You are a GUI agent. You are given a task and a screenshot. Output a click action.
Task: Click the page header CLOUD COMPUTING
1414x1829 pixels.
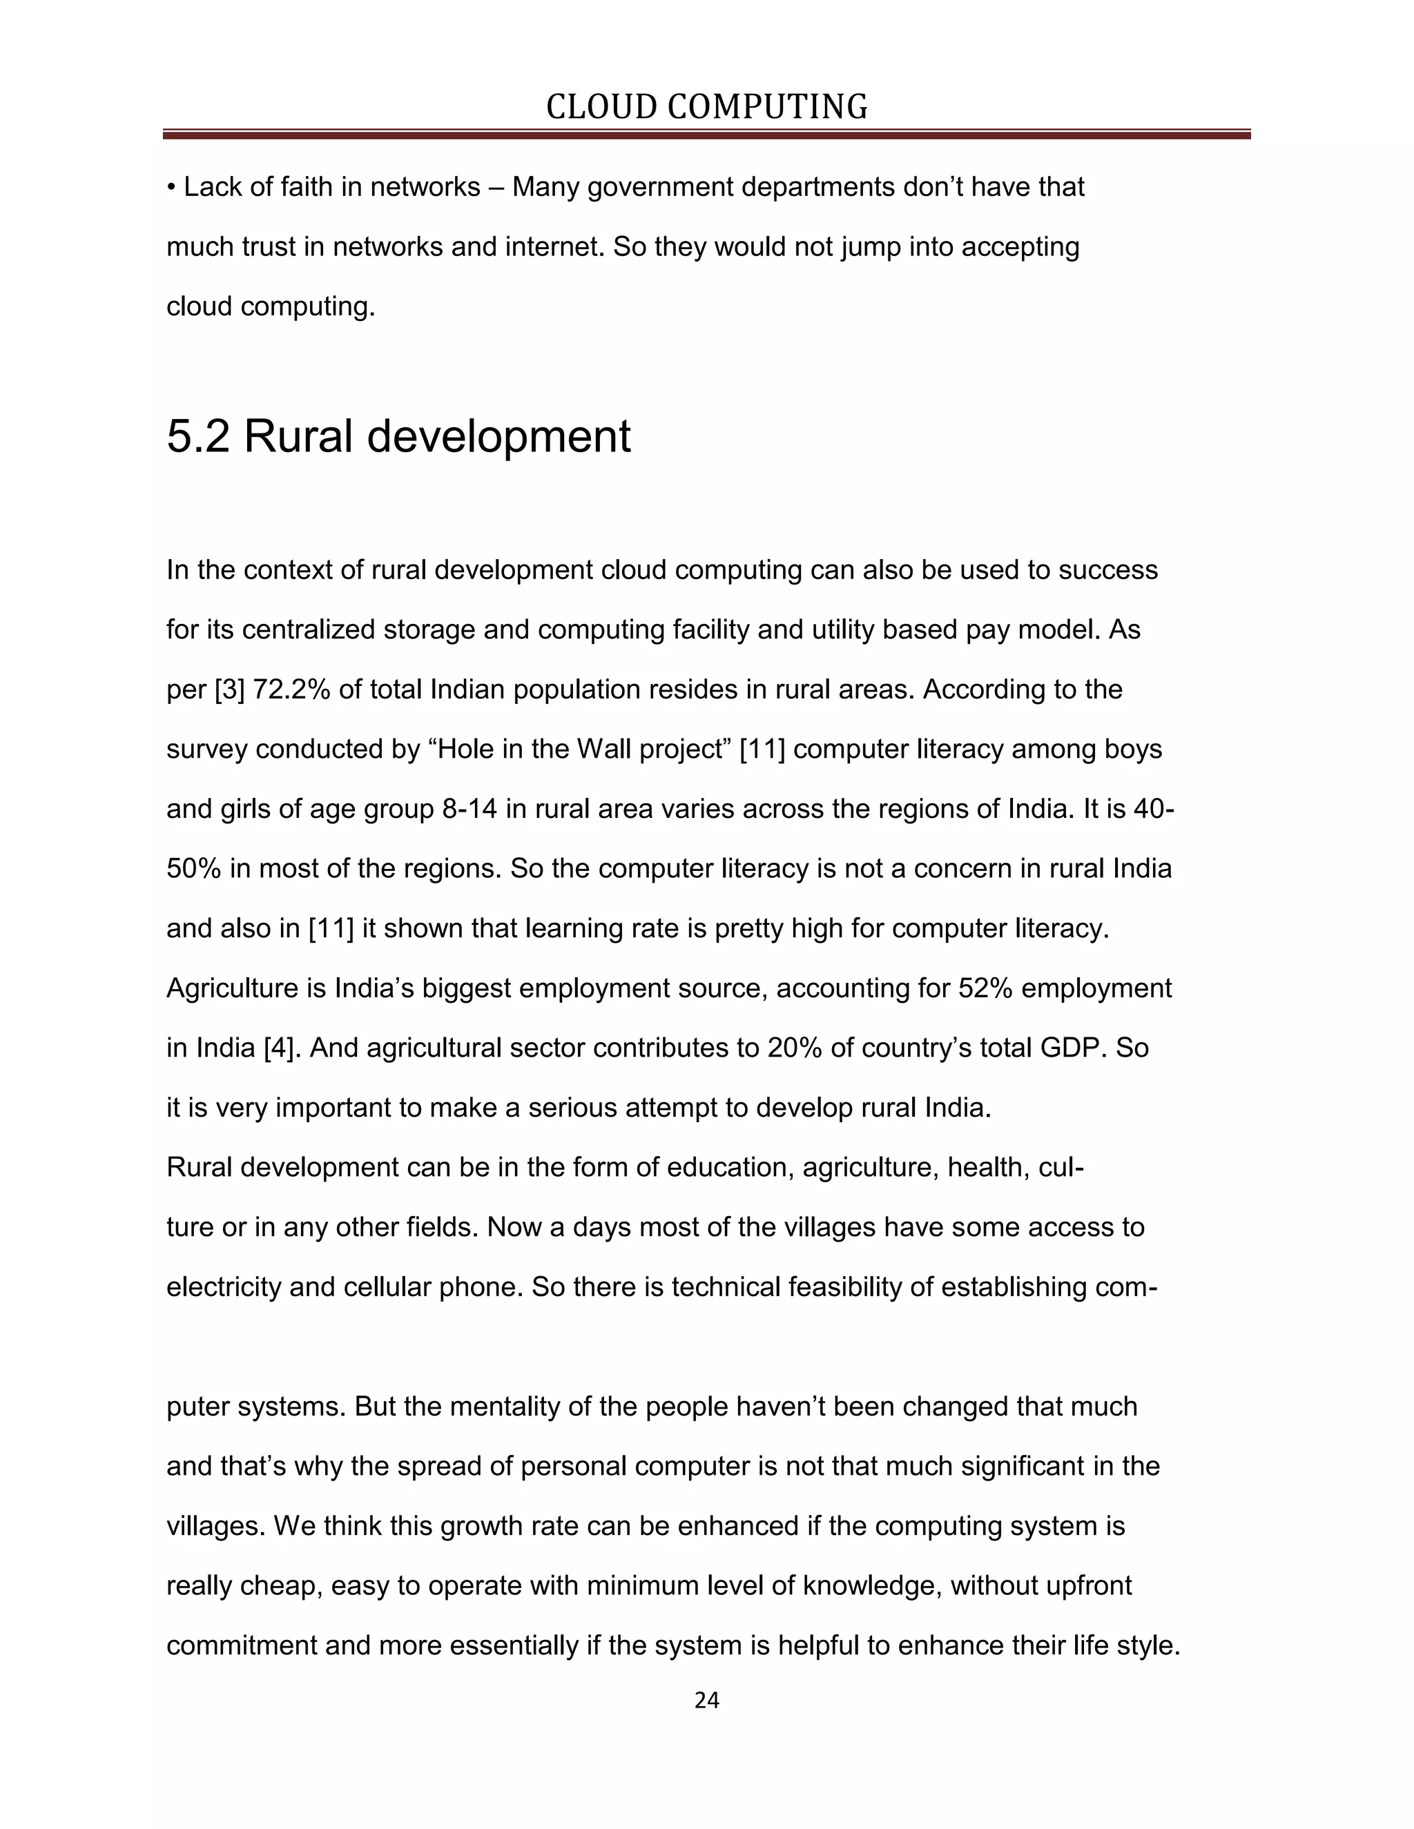click(x=706, y=107)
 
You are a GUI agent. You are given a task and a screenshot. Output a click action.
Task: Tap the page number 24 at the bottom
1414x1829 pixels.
click(x=706, y=1700)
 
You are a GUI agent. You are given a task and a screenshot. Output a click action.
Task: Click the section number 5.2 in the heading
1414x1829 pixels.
click(x=197, y=436)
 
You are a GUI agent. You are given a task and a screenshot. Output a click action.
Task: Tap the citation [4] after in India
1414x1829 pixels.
click(x=282, y=1048)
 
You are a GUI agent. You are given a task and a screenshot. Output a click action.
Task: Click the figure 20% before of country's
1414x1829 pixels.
click(x=794, y=1048)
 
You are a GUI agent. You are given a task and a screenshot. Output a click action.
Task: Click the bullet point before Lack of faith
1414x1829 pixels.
click(x=171, y=188)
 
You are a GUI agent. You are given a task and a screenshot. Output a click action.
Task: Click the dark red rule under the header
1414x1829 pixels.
click(x=706, y=134)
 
